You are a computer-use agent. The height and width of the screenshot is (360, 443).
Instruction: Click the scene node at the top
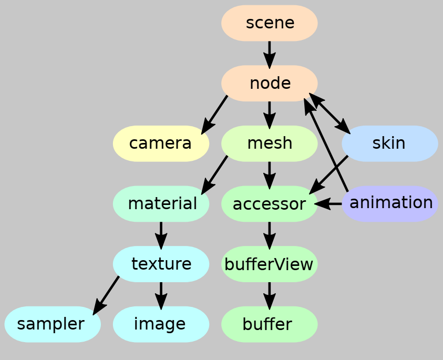(x=269, y=23)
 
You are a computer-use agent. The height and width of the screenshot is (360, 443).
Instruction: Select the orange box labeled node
(x=269, y=83)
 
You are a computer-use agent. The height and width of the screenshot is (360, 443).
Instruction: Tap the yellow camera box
(x=161, y=143)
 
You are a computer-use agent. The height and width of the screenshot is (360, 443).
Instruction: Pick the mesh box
(x=269, y=143)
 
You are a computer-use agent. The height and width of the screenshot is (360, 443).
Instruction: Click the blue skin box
(x=389, y=143)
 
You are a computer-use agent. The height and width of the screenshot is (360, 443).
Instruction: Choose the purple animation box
(x=389, y=203)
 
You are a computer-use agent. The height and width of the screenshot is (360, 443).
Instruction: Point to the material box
(x=161, y=203)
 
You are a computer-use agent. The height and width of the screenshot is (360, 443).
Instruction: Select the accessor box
(x=269, y=203)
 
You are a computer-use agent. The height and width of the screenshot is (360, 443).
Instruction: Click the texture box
(x=161, y=263)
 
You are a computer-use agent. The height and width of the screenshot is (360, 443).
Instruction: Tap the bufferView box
(x=269, y=264)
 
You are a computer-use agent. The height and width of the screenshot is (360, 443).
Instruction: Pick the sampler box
(x=52, y=324)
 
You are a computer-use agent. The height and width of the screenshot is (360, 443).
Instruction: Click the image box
(x=161, y=324)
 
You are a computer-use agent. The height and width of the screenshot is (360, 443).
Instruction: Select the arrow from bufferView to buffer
(x=269, y=294)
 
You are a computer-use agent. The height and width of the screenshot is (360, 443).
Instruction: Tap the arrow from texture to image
(x=161, y=294)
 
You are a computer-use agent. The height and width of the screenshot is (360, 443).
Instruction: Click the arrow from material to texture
(x=161, y=234)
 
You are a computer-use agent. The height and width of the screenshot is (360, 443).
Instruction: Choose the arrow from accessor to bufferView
(x=269, y=234)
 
